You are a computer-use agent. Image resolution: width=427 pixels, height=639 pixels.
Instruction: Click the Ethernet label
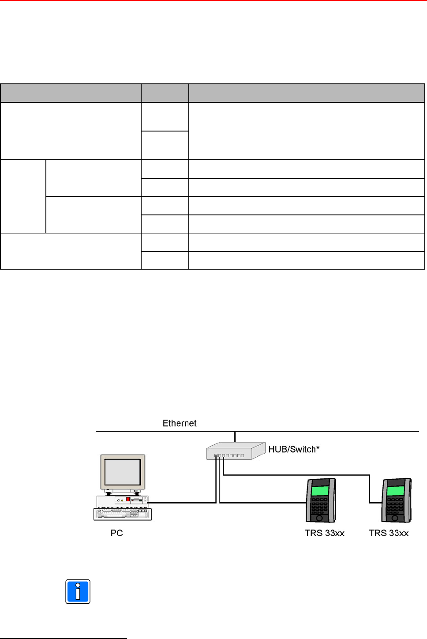180,423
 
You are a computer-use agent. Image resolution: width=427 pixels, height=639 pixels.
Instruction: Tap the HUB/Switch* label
294,449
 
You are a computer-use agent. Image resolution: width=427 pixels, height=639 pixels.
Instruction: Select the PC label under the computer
116,533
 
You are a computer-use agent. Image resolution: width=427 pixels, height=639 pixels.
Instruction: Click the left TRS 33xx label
324,533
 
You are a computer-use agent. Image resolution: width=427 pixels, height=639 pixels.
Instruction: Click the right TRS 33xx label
389,533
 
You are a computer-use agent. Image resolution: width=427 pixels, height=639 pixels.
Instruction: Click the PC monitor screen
122,472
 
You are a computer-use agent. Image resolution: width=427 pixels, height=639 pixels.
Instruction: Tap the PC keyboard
122,514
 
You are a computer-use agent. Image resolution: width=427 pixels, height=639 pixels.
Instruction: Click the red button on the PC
128,500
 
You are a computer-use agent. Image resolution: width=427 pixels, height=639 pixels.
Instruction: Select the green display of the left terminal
320,491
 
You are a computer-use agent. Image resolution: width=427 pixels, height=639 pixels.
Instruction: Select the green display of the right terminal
395,491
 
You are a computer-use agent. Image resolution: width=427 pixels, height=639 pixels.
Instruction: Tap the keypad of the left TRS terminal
319,506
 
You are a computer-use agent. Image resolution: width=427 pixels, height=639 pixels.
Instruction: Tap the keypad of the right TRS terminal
395,506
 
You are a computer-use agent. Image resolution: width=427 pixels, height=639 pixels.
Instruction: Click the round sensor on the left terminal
319,518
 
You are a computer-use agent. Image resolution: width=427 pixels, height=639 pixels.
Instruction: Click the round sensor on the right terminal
395,518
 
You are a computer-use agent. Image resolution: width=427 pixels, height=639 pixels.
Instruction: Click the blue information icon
78,591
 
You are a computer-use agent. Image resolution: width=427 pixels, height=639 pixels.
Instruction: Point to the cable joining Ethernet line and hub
235,436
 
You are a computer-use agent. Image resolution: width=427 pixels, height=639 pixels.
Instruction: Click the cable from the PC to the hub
185,502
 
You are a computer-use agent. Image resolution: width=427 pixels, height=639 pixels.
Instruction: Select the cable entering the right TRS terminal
370,490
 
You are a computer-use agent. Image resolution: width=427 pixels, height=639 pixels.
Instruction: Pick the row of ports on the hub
229,455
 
